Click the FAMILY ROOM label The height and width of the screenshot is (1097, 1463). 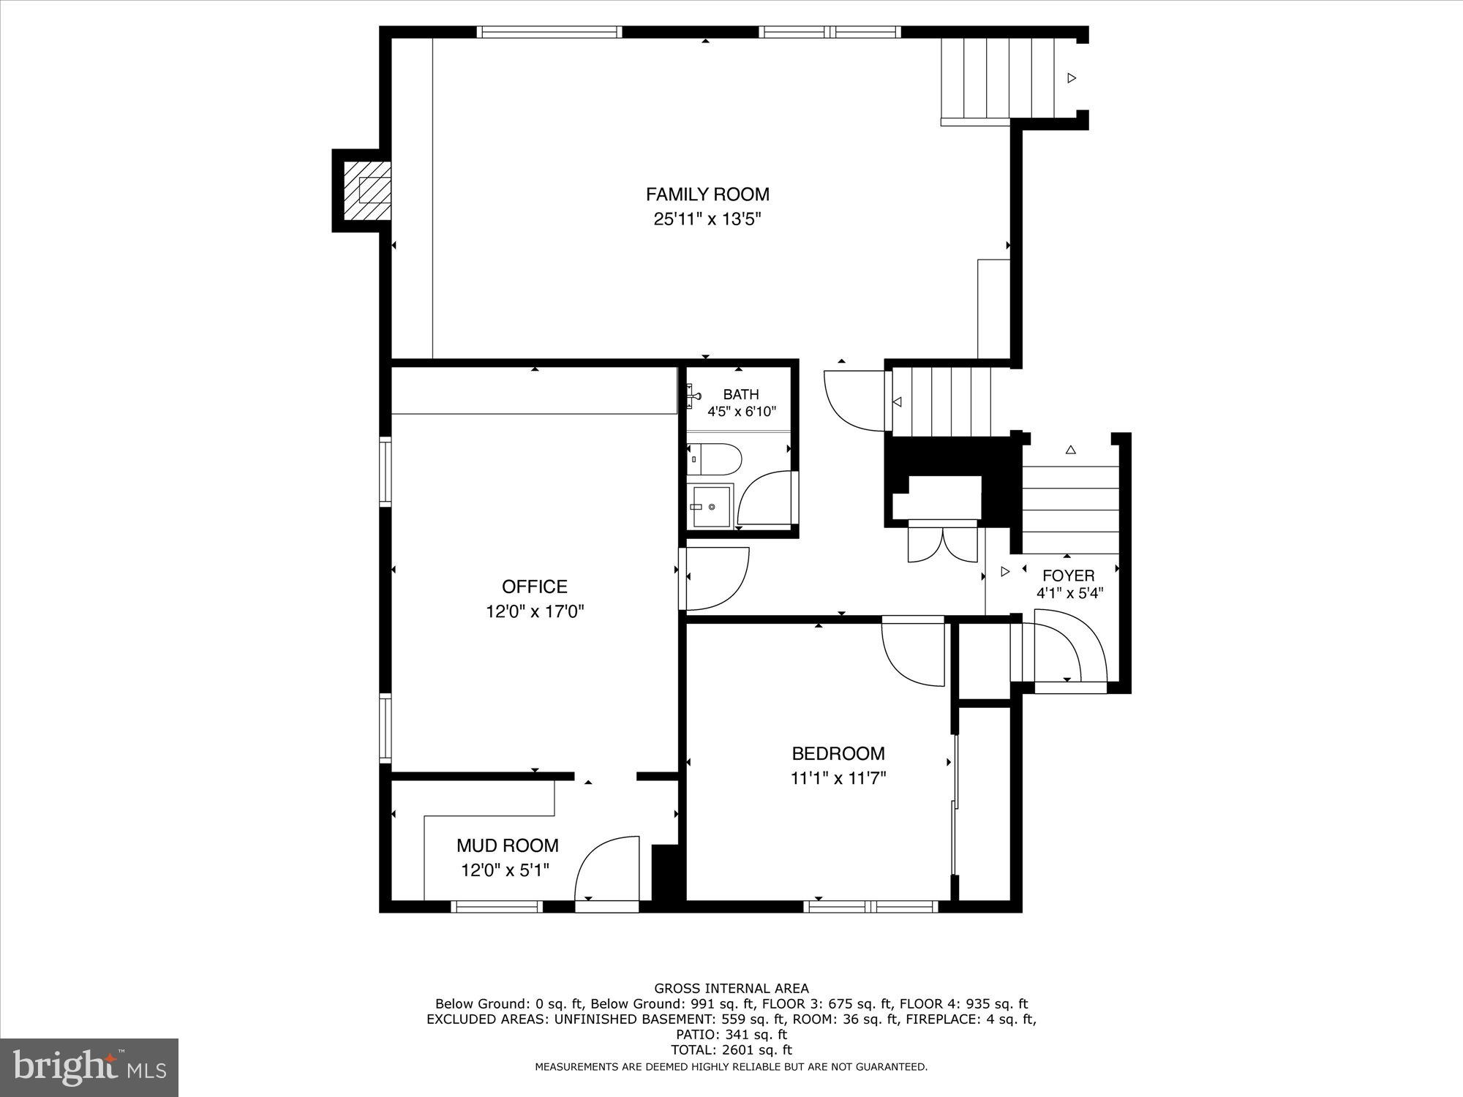707,195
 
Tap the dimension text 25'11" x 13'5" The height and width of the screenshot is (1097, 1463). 707,219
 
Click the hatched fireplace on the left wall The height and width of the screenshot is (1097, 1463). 367,190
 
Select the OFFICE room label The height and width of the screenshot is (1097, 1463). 534,587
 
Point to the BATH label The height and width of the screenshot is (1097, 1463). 740,395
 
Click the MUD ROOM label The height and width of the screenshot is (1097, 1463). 507,845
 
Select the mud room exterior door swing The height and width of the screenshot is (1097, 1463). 607,870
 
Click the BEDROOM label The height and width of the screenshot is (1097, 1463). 838,753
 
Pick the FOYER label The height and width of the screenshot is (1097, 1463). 1068,576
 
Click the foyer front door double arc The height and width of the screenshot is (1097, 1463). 1064,651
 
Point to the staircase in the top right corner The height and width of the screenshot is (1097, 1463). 998,78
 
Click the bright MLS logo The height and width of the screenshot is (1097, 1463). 89,1068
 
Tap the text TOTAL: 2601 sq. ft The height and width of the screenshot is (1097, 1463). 731,1049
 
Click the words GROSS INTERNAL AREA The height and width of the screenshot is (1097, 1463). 731,989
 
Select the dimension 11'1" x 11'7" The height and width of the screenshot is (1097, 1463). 838,778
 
